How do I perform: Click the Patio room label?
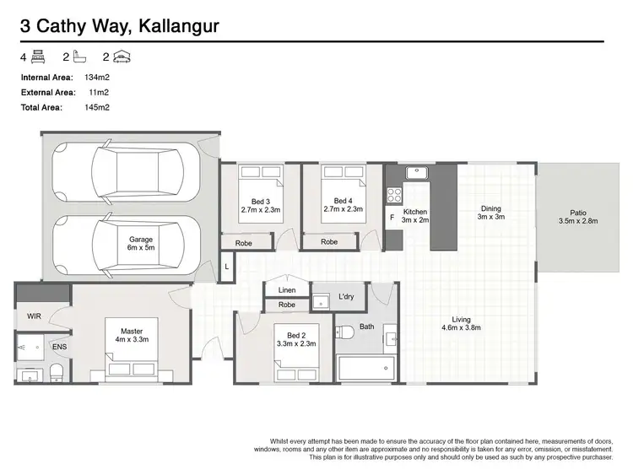pyautogui.click(x=577, y=213)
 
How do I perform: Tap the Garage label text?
pyautogui.click(x=141, y=240)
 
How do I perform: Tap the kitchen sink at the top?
pyautogui.click(x=416, y=173)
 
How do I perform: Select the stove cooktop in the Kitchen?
pyautogui.click(x=393, y=195)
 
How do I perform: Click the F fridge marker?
pyautogui.click(x=391, y=218)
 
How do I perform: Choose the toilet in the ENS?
pyautogui.click(x=55, y=371)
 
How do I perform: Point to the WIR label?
pyautogui.click(x=33, y=316)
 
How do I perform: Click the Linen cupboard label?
pyautogui.click(x=287, y=290)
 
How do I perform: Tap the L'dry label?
pyautogui.click(x=346, y=296)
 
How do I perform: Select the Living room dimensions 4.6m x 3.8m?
pyautogui.click(x=461, y=329)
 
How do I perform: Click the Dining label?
pyautogui.click(x=490, y=208)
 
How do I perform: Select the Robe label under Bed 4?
pyautogui.click(x=329, y=242)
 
